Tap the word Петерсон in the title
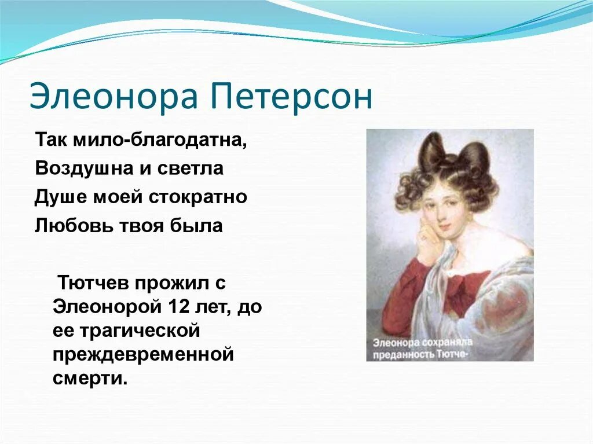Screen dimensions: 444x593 [x=295, y=97]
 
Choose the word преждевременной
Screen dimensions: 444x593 [x=143, y=354]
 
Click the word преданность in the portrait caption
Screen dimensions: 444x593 [x=404, y=354]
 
